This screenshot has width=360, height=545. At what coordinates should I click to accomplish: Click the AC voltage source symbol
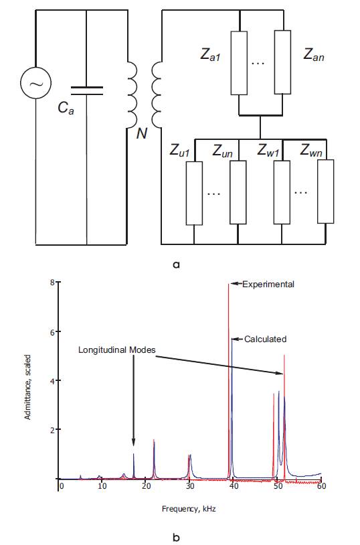[x=35, y=83]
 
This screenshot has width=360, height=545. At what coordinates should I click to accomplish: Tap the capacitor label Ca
[x=66, y=108]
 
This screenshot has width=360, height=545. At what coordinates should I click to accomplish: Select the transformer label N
[x=141, y=133]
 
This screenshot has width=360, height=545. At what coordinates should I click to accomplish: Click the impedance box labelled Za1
[x=239, y=63]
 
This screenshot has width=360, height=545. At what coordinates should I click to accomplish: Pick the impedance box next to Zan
[x=282, y=62]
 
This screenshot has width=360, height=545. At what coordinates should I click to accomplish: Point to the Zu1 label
[x=179, y=151]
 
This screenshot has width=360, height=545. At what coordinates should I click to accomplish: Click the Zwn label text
[x=311, y=150]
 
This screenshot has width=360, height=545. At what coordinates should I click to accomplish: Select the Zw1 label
[x=268, y=150]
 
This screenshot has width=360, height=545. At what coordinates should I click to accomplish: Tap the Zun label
[x=222, y=151]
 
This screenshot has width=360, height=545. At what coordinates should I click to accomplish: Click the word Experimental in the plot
[x=268, y=285]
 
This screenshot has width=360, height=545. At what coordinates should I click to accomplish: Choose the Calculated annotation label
[x=266, y=339]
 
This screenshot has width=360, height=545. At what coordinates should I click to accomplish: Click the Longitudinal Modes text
[x=116, y=349]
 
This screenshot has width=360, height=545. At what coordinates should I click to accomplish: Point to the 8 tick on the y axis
[x=52, y=283]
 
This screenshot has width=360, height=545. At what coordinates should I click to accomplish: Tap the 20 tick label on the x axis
[x=147, y=485]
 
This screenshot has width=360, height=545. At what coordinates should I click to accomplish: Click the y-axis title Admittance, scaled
[x=28, y=387]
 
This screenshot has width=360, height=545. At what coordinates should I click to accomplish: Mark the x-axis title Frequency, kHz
[x=189, y=509]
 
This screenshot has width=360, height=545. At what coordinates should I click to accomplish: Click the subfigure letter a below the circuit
[x=176, y=265]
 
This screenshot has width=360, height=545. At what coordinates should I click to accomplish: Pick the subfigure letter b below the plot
[x=176, y=538]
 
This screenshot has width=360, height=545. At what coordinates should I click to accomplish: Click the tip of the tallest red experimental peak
[x=229, y=284]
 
